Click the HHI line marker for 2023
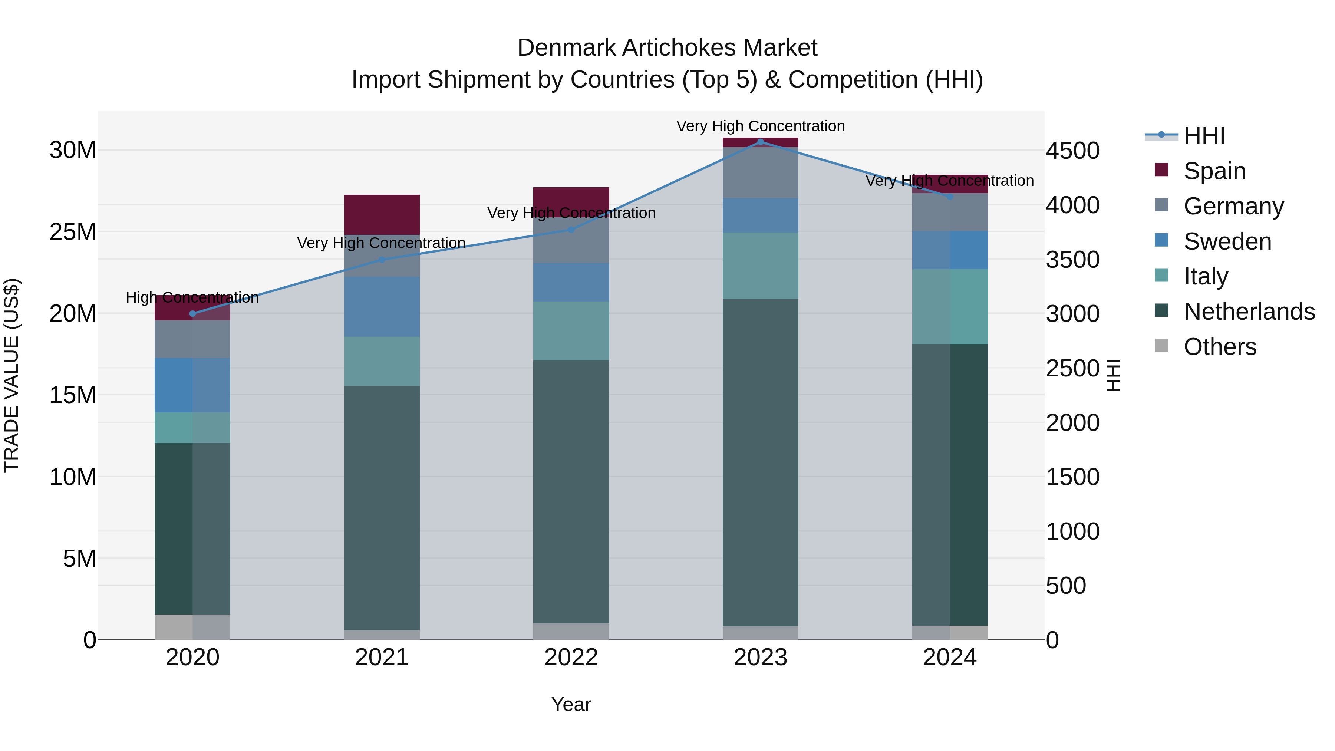[x=760, y=142]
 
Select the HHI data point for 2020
[x=193, y=313]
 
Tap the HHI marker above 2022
[x=571, y=230]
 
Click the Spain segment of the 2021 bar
[x=382, y=215]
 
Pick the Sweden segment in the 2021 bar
[x=382, y=307]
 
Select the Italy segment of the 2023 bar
[x=760, y=266]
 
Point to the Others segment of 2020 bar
[x=193, y=627]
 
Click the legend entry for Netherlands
[x=1249, y=312]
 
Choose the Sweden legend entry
[x=1227, y=241]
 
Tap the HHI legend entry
[x=1204, y=136]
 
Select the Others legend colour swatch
[x=1161, y=346]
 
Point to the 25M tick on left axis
[x=73, y=232]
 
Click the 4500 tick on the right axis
[x=1072, y=151]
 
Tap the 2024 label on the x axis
[x=949, y=658]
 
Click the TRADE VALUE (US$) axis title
[x=11, y=375]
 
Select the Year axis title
[x=571, y=704]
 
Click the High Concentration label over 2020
[x=192, y=297]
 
